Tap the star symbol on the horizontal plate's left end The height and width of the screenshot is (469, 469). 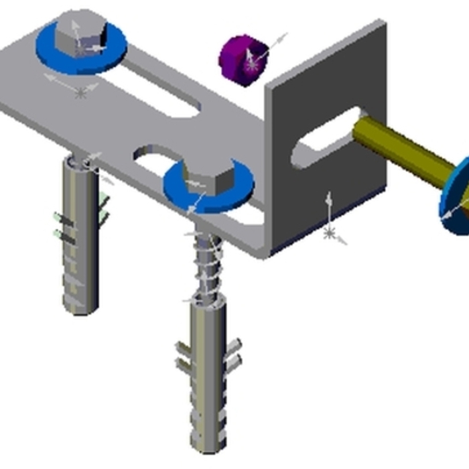(x=81, y=93)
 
